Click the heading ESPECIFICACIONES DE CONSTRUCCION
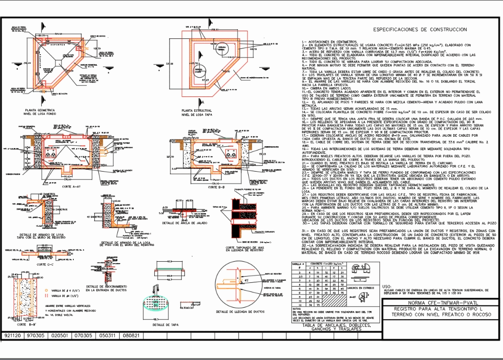(x=420, y=30)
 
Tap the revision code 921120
(x=12, y=336)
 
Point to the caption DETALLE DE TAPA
(x=166, y=325)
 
